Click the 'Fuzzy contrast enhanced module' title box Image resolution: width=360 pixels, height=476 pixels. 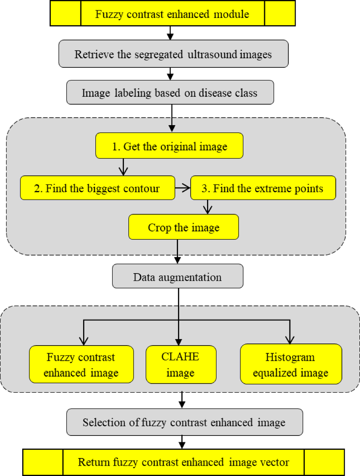tap(173, 14)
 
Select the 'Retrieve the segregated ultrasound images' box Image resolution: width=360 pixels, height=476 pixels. tap(173, 54)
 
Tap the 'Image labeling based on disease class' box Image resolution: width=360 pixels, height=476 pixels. tap(170, 93)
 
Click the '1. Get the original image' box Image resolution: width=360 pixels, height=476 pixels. tap(169, 146)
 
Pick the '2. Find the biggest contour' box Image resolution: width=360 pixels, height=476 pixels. tap(97, 188)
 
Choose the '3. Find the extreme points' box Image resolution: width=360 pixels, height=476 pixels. tap(263, 188)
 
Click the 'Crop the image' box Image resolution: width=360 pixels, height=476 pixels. tap(183, 227)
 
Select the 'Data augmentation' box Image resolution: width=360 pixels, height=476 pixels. tap(178, 277)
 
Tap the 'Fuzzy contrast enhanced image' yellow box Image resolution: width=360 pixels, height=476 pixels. tap(81, 364)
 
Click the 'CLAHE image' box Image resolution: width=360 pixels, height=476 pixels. tap(181, 364)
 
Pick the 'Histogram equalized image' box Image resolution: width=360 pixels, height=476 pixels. tap(291, 364)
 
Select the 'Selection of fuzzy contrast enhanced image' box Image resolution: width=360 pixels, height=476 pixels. tap(184, 422)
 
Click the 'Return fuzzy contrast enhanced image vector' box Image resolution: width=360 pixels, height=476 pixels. tap(183, 462)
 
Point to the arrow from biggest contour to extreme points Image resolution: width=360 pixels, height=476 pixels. tap(182, 188)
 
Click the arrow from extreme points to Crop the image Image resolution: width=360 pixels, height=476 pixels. tap(208, 207)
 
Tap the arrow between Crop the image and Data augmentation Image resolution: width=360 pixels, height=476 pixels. tap(178, 252)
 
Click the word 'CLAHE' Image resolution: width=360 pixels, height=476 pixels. tap(180, 357)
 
